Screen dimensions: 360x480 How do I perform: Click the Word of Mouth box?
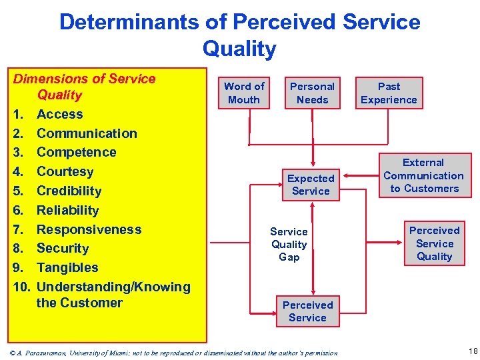pos(244,93)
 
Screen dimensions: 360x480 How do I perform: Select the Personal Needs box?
pos(312,93)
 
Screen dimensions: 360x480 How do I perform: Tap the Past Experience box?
pos(389,93)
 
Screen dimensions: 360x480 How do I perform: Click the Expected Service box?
pos(311,185)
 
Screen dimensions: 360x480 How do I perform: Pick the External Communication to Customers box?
pos(423,175)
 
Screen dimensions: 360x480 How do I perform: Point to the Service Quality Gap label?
pos(289,244)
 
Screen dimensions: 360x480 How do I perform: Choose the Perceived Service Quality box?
pos(434,243)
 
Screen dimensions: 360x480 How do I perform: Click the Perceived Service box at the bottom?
pos(307,311)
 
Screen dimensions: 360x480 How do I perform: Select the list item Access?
pos(59,114)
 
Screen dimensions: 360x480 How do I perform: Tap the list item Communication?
pos(87,133)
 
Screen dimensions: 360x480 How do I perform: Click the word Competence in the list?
pos(76,152)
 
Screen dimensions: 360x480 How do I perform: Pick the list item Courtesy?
pos(65,171)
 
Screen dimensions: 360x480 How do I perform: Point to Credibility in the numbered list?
pos(69,191)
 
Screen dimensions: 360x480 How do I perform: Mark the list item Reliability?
pos(67,210)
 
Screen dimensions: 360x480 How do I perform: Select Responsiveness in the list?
pos(89,229)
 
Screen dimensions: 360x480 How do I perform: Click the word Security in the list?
pos(63,248)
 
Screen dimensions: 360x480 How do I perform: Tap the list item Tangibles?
pos(67,267)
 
